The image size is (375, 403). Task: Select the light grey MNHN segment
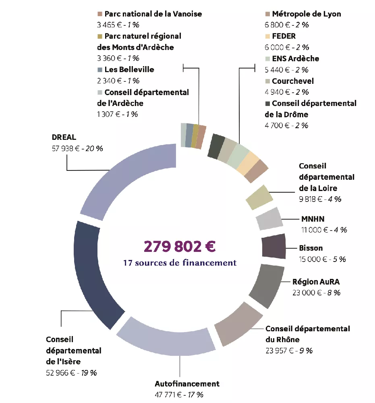click(269, 219)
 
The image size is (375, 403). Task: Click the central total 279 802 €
click(180, 246)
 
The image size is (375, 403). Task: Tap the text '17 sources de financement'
click(180, 263)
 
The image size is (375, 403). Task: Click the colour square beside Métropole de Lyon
click(267, 14)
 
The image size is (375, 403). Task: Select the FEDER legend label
click(284, 36)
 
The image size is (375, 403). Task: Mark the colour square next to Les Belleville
click(100, 70)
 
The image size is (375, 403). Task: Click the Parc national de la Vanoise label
click(153, 14)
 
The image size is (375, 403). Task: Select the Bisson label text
click(311, 248)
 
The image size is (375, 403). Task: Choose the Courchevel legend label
click(292, 81)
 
